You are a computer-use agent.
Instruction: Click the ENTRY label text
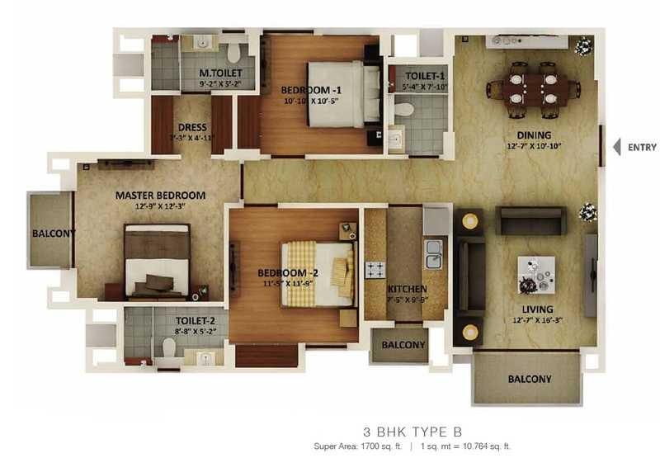click(x=642, y=148)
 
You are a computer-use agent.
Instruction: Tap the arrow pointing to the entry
click(x=616, y=147)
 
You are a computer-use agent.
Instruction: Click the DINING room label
click(x=534, y=135)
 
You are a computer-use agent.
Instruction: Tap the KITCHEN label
click(x=407, y=289)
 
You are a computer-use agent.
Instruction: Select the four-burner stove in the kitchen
click(x=375, y=269)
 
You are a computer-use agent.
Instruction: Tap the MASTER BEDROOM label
click(x=160, y=196)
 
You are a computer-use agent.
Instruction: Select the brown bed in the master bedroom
click(x=158, y=261)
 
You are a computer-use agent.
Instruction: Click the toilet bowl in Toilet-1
click(x=404, y=108)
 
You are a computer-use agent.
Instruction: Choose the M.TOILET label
click(x=218, y=72)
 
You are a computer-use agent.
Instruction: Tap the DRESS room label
click(x=191, y=127)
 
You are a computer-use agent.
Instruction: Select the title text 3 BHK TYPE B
click(x=413, y=431)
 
